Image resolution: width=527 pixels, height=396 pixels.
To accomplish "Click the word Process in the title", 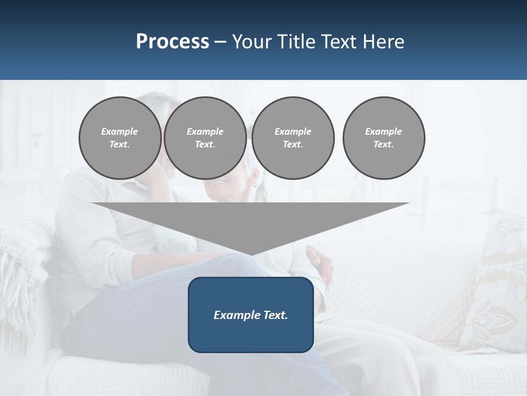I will (x=172, y=42).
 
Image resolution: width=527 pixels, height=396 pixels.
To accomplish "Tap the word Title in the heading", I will (x=295, y=42).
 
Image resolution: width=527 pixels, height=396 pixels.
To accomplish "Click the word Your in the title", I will (x=252, y=42).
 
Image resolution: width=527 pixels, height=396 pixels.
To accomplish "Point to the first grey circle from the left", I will (x=120, y=137).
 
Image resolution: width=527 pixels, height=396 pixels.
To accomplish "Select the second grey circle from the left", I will (x=205, y=137).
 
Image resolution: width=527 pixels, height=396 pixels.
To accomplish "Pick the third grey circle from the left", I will (x=293, y=137).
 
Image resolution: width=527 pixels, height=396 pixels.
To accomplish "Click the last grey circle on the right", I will (x=383, y=137).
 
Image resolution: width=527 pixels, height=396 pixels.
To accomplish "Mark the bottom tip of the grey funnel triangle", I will (x=251, y=254).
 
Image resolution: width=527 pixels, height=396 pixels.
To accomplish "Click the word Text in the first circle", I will (x=119, y=145).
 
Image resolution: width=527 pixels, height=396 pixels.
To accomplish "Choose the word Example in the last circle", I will (x=383, y=131).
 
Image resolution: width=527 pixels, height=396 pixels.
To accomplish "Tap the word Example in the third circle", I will (x=293, y=131).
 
